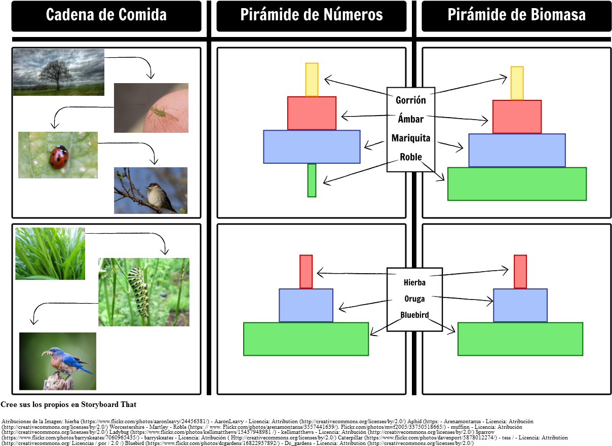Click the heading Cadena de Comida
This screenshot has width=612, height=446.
point(106,15)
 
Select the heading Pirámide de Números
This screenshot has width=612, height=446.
point(311,15)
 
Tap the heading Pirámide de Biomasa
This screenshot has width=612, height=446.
point(516,15)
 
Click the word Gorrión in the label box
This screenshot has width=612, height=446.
point(411,100)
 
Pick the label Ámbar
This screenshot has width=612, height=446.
point(411,119)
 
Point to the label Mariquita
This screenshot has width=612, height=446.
point(411,138)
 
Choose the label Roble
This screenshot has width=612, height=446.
point(411,157)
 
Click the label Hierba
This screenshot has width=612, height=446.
point(414,282)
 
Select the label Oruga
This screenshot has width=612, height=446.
point(414,299)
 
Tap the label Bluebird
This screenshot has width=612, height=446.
point(414,315)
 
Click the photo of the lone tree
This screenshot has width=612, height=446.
point(58,72)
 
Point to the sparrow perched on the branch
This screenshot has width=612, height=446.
point(158,197)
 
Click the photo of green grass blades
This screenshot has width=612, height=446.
point(50,253)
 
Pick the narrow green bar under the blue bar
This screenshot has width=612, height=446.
point(312,180)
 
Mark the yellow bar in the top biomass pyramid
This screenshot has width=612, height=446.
point(517,83)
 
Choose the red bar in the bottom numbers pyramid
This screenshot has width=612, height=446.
point(306,271)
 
